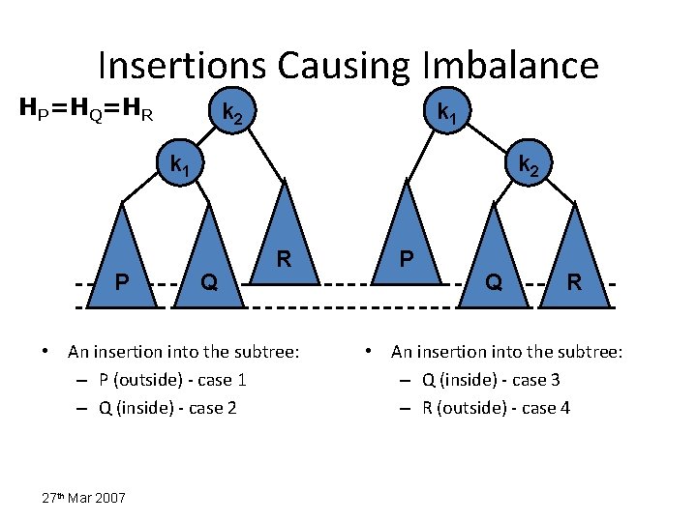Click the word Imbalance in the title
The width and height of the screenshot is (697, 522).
pyautogui.click(x=510, y=65)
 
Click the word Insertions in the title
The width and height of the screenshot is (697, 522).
pyautogui.click(x=182, y=65)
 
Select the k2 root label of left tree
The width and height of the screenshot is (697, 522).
pyautogui.click(x=233, y=113)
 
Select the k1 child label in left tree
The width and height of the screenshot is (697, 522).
pyautogui.click(x=180, y=165)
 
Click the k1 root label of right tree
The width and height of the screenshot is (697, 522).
pyautogui.click(x=447, y=113)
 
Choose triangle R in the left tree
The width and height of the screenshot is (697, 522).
pyautogui.click(x=285, y=246)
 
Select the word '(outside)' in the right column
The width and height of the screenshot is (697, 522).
pyautogui.click(x=470, y=407)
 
